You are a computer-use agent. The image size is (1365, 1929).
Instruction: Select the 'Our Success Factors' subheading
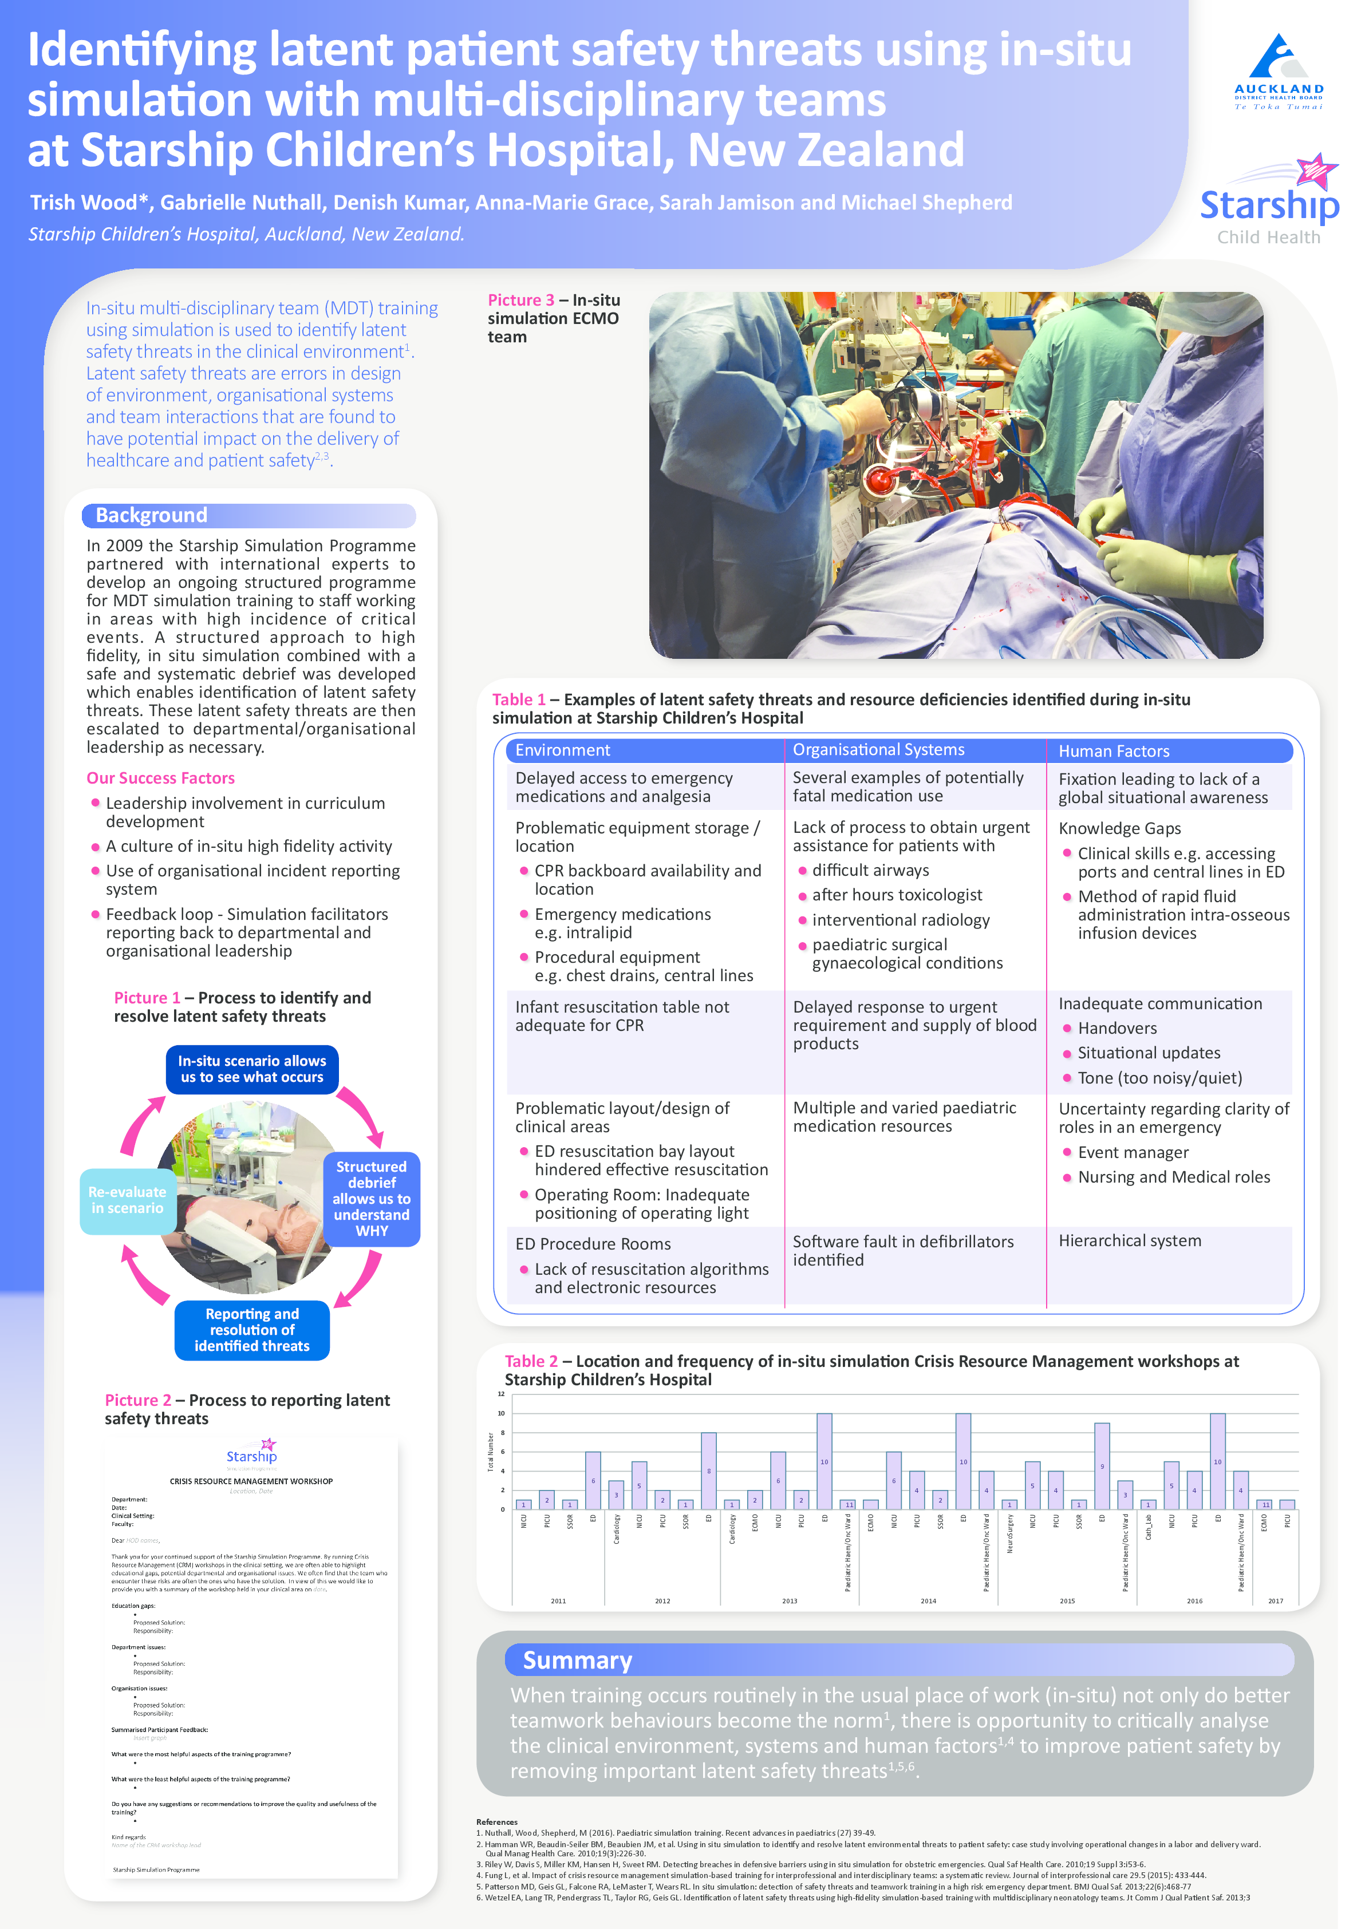pos(160,778)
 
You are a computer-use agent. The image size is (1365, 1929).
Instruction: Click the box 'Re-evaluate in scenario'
pos(127,1200)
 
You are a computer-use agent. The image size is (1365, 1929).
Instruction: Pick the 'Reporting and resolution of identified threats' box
pos(252,1330)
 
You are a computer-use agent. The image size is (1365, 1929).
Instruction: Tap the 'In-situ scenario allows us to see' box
pos(252,1069)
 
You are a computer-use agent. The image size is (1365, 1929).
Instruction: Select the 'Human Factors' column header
pos(1114,751)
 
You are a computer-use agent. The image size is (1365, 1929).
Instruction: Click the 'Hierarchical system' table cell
pos(1130,1241)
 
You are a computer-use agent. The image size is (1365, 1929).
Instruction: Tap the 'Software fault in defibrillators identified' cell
pos(904,1250)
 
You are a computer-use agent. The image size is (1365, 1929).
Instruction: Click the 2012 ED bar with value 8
pos(709,1471)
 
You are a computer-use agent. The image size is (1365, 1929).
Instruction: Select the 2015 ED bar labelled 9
pos(1102,1465)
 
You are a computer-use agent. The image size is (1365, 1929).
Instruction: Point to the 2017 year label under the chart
pos(1275,1602)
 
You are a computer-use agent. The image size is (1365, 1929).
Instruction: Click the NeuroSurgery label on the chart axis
pos(1009,1534)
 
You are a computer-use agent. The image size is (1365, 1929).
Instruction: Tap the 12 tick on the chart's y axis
pos(501,1394)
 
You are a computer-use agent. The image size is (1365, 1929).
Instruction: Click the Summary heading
pos(578,1660)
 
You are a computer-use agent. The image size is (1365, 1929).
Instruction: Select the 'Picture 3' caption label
pos(521,300)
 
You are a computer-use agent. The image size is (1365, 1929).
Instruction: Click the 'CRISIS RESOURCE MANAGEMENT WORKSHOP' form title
pos(251,1481)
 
